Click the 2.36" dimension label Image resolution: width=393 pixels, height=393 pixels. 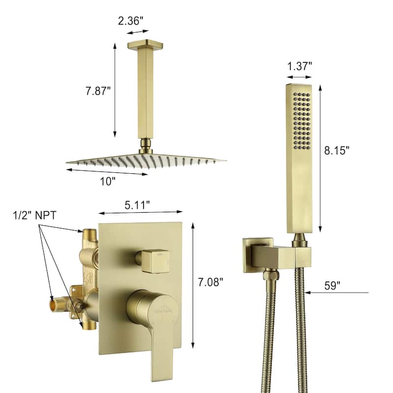[x=131, y=21]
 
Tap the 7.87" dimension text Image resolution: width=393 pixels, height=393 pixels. [x=98, y=91]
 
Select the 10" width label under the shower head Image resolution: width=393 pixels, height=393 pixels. [x=108, y=181]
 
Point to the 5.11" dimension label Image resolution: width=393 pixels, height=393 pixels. [x=137, y=205]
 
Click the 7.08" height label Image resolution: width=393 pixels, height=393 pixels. [x=210, y=282]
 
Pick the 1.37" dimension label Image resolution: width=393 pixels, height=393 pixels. [x=299, y=66]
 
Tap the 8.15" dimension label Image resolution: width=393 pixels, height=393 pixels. [x=337, y=150]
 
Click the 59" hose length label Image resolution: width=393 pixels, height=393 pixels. [x=333, y=285]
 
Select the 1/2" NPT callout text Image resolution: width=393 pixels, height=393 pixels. [x=34, y=215]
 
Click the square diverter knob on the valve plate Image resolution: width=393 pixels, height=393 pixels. [x=155, y=261]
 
